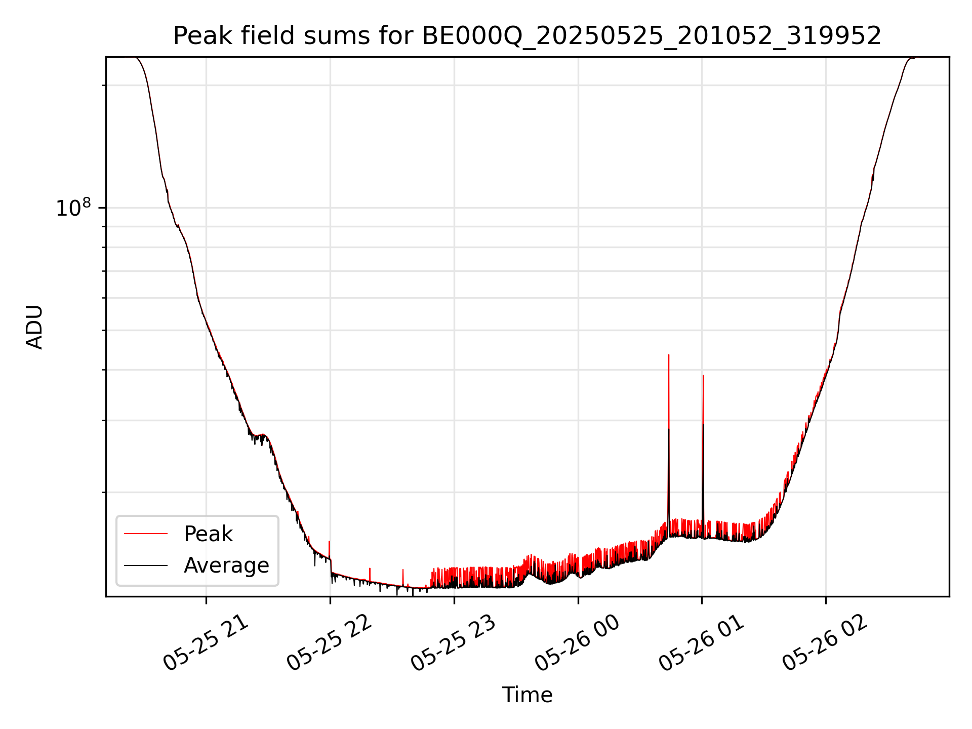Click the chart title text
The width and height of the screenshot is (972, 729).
click(527, 36)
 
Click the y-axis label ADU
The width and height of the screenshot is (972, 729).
click(34, 327)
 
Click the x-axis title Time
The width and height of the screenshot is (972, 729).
click(527, 695)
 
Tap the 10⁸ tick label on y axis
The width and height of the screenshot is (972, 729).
click(73, 208)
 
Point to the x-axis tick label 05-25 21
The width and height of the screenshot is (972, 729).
click(206, 643)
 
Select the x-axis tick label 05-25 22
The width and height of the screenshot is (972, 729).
click(330, 643)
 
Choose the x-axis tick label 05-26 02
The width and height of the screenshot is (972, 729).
click(825, 643)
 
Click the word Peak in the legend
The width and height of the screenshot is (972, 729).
click(208, 534)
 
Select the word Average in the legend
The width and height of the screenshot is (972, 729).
click(226, 565)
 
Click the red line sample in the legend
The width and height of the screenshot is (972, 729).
click(146, 534)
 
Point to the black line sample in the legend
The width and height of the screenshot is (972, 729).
click(146, 565)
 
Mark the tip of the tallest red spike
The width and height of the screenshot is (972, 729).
click(669, 355)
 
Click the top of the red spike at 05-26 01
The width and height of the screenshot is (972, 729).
click(703, 376)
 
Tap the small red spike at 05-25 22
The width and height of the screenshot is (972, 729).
click(330, 542)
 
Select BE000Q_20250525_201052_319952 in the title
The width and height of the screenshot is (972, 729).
click(652, 36)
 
